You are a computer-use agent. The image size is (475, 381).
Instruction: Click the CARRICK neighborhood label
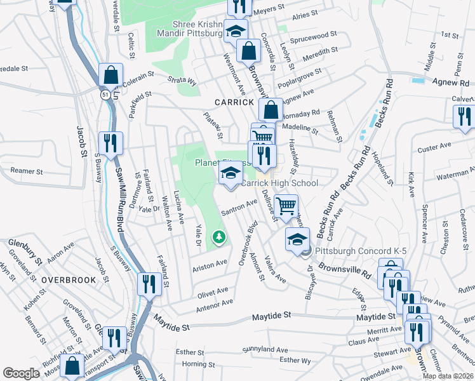pos(234,102)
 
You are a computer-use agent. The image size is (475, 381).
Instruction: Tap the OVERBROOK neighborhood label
pos(69,279)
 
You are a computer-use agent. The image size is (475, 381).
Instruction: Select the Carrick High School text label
pos(279,184)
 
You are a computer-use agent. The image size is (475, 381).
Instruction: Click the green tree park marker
pos(219,237)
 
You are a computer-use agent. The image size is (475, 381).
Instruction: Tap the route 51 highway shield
pos(103,94)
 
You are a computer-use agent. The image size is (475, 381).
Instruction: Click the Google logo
pos(21,373)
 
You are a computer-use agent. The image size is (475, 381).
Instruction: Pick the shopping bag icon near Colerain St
pos(110,76)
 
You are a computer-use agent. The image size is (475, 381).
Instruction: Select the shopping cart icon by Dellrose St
pos(286,205)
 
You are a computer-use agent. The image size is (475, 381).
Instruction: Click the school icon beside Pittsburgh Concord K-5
pos(297,239)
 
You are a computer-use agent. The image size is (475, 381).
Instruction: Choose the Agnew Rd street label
pos(450,82)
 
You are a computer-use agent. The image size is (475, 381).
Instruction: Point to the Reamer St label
pos(26,171)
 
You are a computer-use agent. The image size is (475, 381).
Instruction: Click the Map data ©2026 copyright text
pos(447,376)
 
